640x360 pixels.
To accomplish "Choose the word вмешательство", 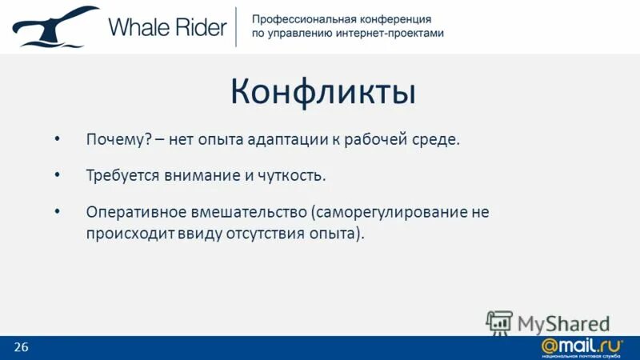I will click(x=248, y=213).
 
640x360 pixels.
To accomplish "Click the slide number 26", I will click(x=21, y=346).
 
